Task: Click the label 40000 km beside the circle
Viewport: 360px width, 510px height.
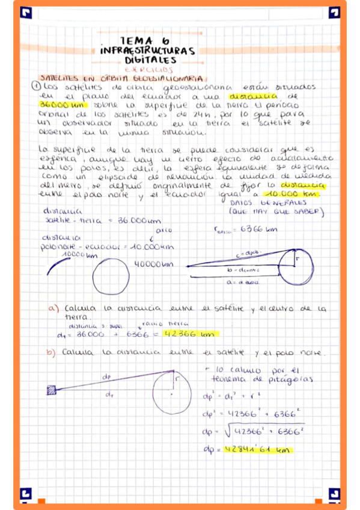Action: [x=153, y=263]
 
